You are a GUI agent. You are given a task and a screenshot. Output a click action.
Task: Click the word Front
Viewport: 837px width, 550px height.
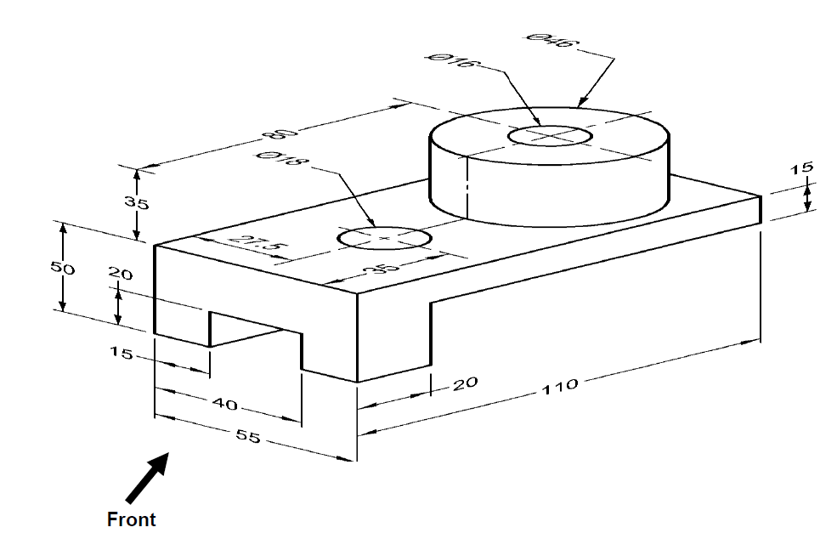pos(132,519)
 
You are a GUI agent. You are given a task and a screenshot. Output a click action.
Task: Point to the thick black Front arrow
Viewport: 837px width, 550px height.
pos(147,478)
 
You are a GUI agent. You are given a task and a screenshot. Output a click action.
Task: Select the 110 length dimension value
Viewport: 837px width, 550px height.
pos(560,386)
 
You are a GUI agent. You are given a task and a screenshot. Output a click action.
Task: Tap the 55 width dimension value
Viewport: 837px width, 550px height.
pos(248,436)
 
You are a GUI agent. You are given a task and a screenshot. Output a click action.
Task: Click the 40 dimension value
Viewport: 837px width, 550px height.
pos(225,405)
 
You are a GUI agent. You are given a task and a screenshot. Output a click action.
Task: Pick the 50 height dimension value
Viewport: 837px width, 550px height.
pos(62,268)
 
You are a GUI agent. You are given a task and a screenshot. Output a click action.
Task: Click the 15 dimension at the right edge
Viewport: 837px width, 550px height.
pos(802,168)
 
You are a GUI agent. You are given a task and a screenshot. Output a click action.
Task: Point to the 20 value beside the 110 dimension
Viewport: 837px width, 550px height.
pos(466,383)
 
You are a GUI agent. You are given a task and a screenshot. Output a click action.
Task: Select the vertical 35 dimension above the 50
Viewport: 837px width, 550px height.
pos(137,202)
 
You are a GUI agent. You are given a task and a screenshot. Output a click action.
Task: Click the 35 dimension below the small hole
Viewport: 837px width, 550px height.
pos(382,268)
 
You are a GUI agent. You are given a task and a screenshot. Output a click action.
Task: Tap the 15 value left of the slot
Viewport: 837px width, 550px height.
pos(121,353)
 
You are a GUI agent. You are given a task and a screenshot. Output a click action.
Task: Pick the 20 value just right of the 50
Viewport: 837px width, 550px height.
pos(120,274)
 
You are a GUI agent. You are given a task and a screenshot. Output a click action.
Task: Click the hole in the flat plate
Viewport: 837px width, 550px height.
pos(384,238)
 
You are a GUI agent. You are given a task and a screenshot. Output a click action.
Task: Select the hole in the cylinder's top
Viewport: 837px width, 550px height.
pos(550,136)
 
